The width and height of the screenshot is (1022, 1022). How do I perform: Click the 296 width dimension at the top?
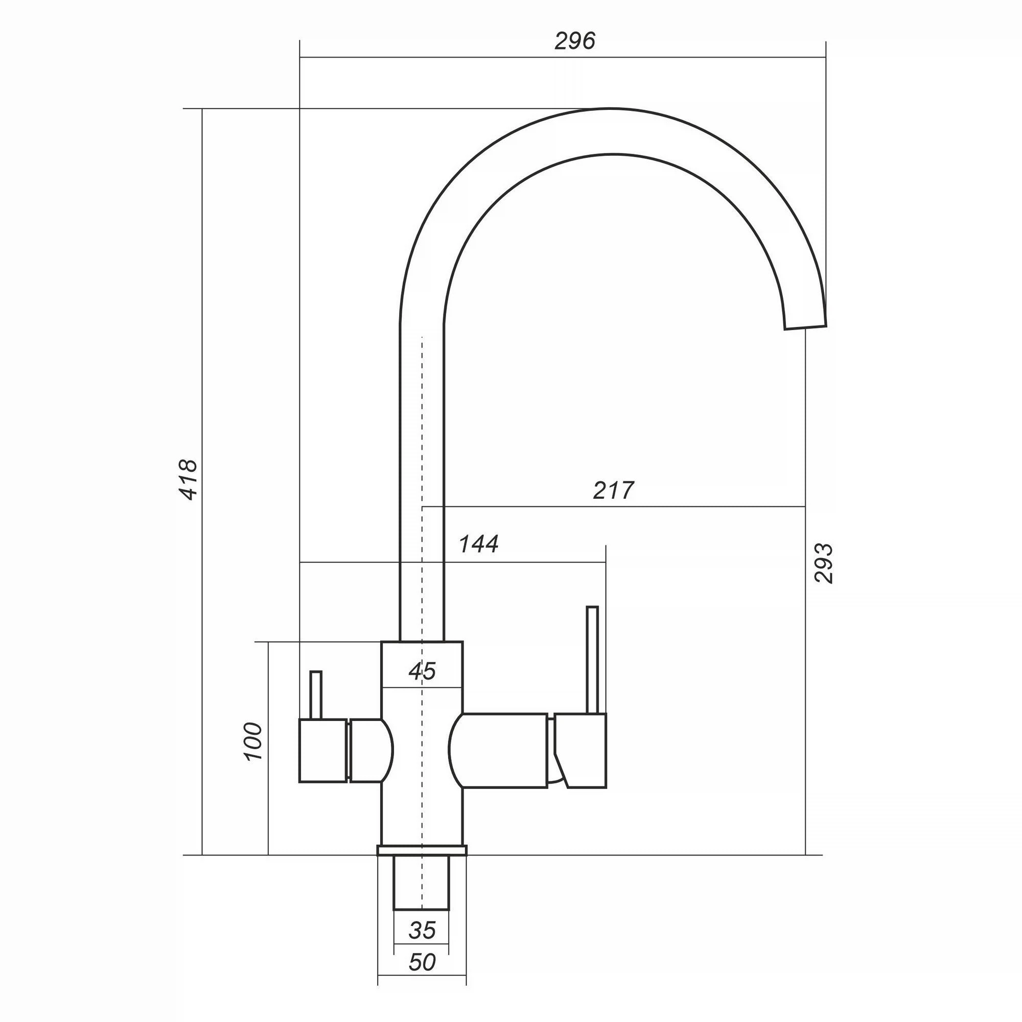pos(575,41)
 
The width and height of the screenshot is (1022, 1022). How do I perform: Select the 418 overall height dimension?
pos(189,480)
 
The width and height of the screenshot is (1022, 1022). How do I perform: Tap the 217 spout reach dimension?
pos(613,491)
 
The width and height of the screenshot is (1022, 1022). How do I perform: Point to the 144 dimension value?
pos(478,544)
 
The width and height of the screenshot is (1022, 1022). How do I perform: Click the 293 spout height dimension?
pos(824,563)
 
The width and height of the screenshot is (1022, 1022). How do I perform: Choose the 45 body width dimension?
pos(422,671)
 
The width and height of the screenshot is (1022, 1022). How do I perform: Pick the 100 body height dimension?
pos(253,741)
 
